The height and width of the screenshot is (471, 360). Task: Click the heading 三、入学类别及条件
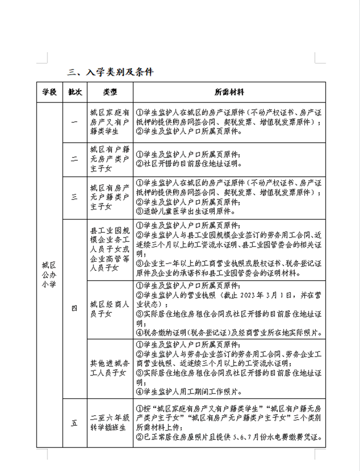110,72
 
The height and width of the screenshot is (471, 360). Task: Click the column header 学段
49,92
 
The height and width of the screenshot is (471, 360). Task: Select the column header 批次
74,92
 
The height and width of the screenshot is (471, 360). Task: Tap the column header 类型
110,92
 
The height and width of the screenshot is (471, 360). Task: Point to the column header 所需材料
229,92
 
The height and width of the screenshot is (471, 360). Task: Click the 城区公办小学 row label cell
49,274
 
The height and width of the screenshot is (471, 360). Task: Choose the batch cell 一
74,123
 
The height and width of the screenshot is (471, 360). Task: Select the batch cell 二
74,160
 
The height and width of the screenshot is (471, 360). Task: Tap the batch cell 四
74,308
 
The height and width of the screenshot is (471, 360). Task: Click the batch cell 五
74,423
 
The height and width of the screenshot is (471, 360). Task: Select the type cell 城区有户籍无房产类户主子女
110,160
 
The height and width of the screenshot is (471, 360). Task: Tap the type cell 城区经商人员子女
110,308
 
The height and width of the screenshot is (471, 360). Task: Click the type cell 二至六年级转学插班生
110,423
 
